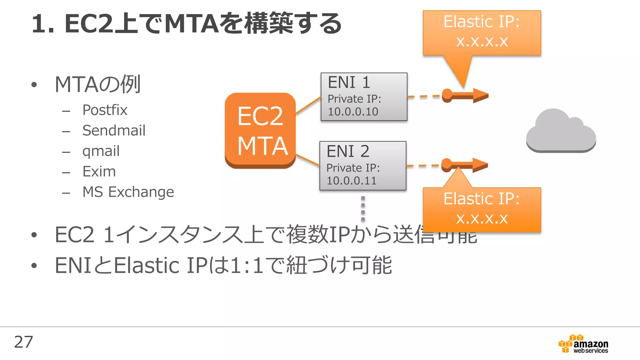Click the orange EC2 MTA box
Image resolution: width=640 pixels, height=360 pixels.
coord(260,130)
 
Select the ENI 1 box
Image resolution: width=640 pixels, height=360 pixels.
coord(364,96)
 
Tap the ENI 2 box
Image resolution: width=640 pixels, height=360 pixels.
coord(362,165)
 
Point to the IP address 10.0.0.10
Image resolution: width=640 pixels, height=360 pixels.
coord(353,112)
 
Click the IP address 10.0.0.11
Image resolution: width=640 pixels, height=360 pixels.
coord(351,181)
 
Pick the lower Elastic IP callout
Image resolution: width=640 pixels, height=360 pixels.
coord(482,209)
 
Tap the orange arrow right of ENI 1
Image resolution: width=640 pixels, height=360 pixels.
coord(466,95)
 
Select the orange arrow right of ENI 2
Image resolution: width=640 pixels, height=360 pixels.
coord(465,165)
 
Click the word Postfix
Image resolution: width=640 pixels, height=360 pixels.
coord(105,110)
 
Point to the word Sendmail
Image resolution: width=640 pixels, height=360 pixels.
coord(114,130)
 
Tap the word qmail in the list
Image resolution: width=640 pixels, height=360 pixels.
coord(101,151)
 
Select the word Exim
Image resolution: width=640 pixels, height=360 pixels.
coord(99,171)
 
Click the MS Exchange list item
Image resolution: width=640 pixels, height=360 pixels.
coord(128,192)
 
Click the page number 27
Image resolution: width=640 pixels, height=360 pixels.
coord(23,342)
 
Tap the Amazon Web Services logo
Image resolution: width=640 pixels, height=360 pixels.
coord(583,344)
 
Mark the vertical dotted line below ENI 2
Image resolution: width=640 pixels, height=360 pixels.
coord(363,208)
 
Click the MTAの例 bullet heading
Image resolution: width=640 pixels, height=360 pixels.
coord(97,84)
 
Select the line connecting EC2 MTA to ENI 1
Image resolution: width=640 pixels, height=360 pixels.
coord(308,105)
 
